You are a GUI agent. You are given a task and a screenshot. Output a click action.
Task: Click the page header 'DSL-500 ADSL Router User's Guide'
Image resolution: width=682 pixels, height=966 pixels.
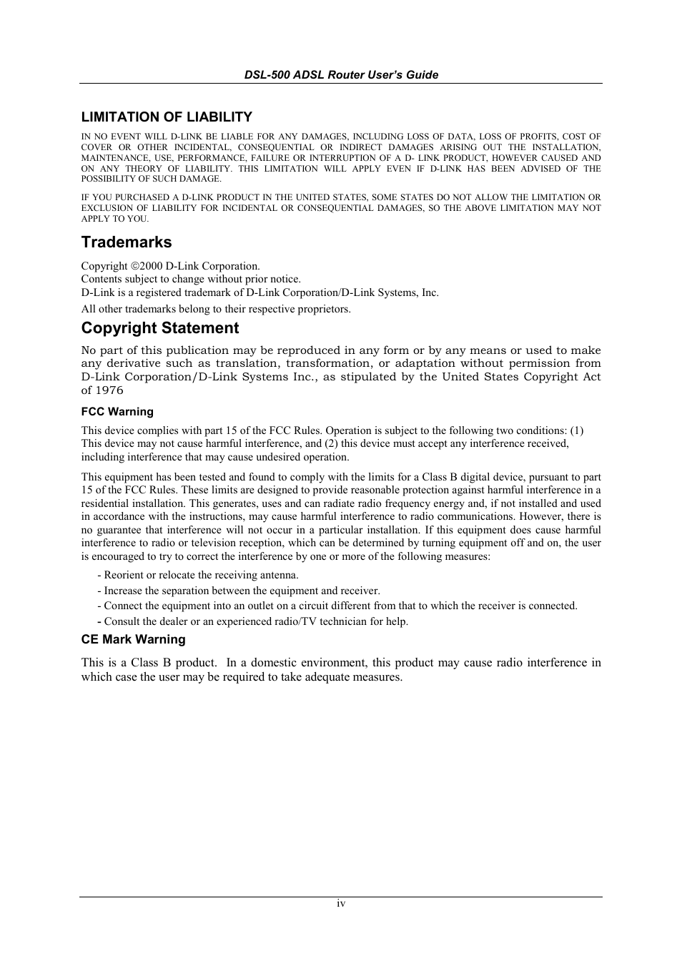click(341, 74)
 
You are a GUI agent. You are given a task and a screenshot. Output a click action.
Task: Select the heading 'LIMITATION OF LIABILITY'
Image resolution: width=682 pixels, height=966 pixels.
click(167, 117)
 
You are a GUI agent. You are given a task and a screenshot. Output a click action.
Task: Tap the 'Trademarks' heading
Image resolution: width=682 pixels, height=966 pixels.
click(127, 242)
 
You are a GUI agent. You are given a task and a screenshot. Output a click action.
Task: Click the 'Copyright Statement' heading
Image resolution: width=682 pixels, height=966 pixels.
click(160, 327)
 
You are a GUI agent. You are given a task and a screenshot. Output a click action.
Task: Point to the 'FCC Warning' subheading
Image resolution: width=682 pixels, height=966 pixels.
click(117, 412)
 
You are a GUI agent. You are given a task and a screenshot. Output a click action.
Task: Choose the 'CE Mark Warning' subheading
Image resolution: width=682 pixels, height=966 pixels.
click(133, 639)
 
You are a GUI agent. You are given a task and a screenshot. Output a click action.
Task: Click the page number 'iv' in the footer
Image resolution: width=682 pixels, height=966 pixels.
click(341, 904)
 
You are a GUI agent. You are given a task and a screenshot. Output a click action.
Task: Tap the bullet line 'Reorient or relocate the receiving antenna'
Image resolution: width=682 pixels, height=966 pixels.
click(198, 575)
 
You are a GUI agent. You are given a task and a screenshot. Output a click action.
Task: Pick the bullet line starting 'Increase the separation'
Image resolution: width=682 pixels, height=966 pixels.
click(239, 591)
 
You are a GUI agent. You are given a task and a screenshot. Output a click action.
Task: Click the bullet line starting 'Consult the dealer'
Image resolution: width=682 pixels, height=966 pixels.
click(253, 621)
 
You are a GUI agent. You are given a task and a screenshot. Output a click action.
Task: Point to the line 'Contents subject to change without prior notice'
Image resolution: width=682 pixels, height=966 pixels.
click(191, 279)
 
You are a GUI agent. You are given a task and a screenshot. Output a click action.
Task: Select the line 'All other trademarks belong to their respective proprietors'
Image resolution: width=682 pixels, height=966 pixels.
click(216, 309)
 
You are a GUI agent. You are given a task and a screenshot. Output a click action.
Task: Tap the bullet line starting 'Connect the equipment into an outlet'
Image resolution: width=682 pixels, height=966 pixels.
click(337, 606)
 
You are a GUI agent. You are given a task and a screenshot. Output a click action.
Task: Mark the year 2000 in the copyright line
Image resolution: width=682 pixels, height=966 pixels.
click(152, 266)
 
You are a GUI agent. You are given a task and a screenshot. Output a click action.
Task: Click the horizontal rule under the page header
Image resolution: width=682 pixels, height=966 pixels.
click(341, 84)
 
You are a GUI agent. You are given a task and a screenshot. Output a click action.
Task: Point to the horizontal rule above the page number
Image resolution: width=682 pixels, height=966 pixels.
click(341, 897)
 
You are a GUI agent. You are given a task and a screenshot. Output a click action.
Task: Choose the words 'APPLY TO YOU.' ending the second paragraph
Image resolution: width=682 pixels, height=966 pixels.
click(115, 219)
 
